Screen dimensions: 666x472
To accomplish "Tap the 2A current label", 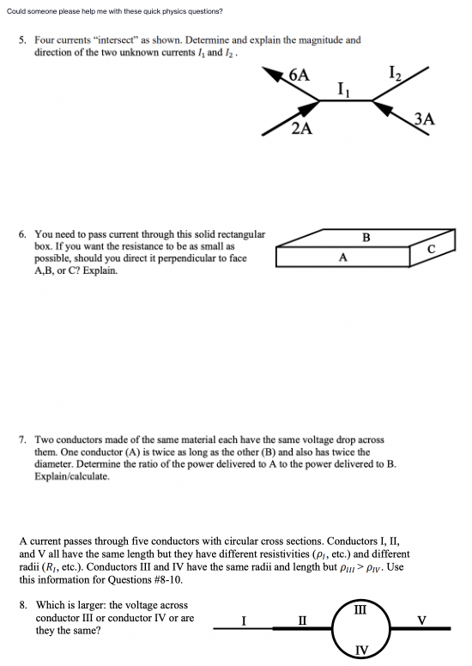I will pyautogui.click(x=301, y=130).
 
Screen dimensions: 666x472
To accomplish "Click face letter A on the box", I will pyautogui.click(x=343, y=255).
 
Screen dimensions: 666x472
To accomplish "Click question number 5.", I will pyautogui.click(x=21, y=40).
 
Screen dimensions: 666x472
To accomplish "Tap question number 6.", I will pyautogui.click(x=21, y=234).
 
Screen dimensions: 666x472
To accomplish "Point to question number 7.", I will pyautogui.click(x=21, y=439).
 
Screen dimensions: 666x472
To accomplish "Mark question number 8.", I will pyautogui.click(x=21, y=605).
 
